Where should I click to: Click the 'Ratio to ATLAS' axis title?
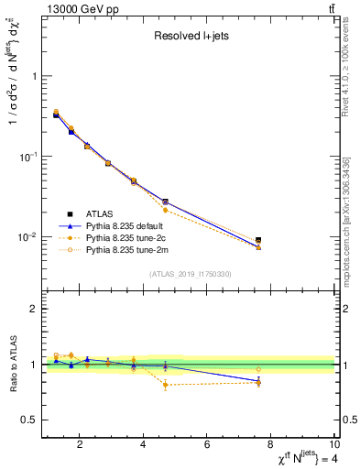[12, 365]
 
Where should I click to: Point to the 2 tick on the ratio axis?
[33, 309]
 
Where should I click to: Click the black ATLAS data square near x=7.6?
[258, 241]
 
